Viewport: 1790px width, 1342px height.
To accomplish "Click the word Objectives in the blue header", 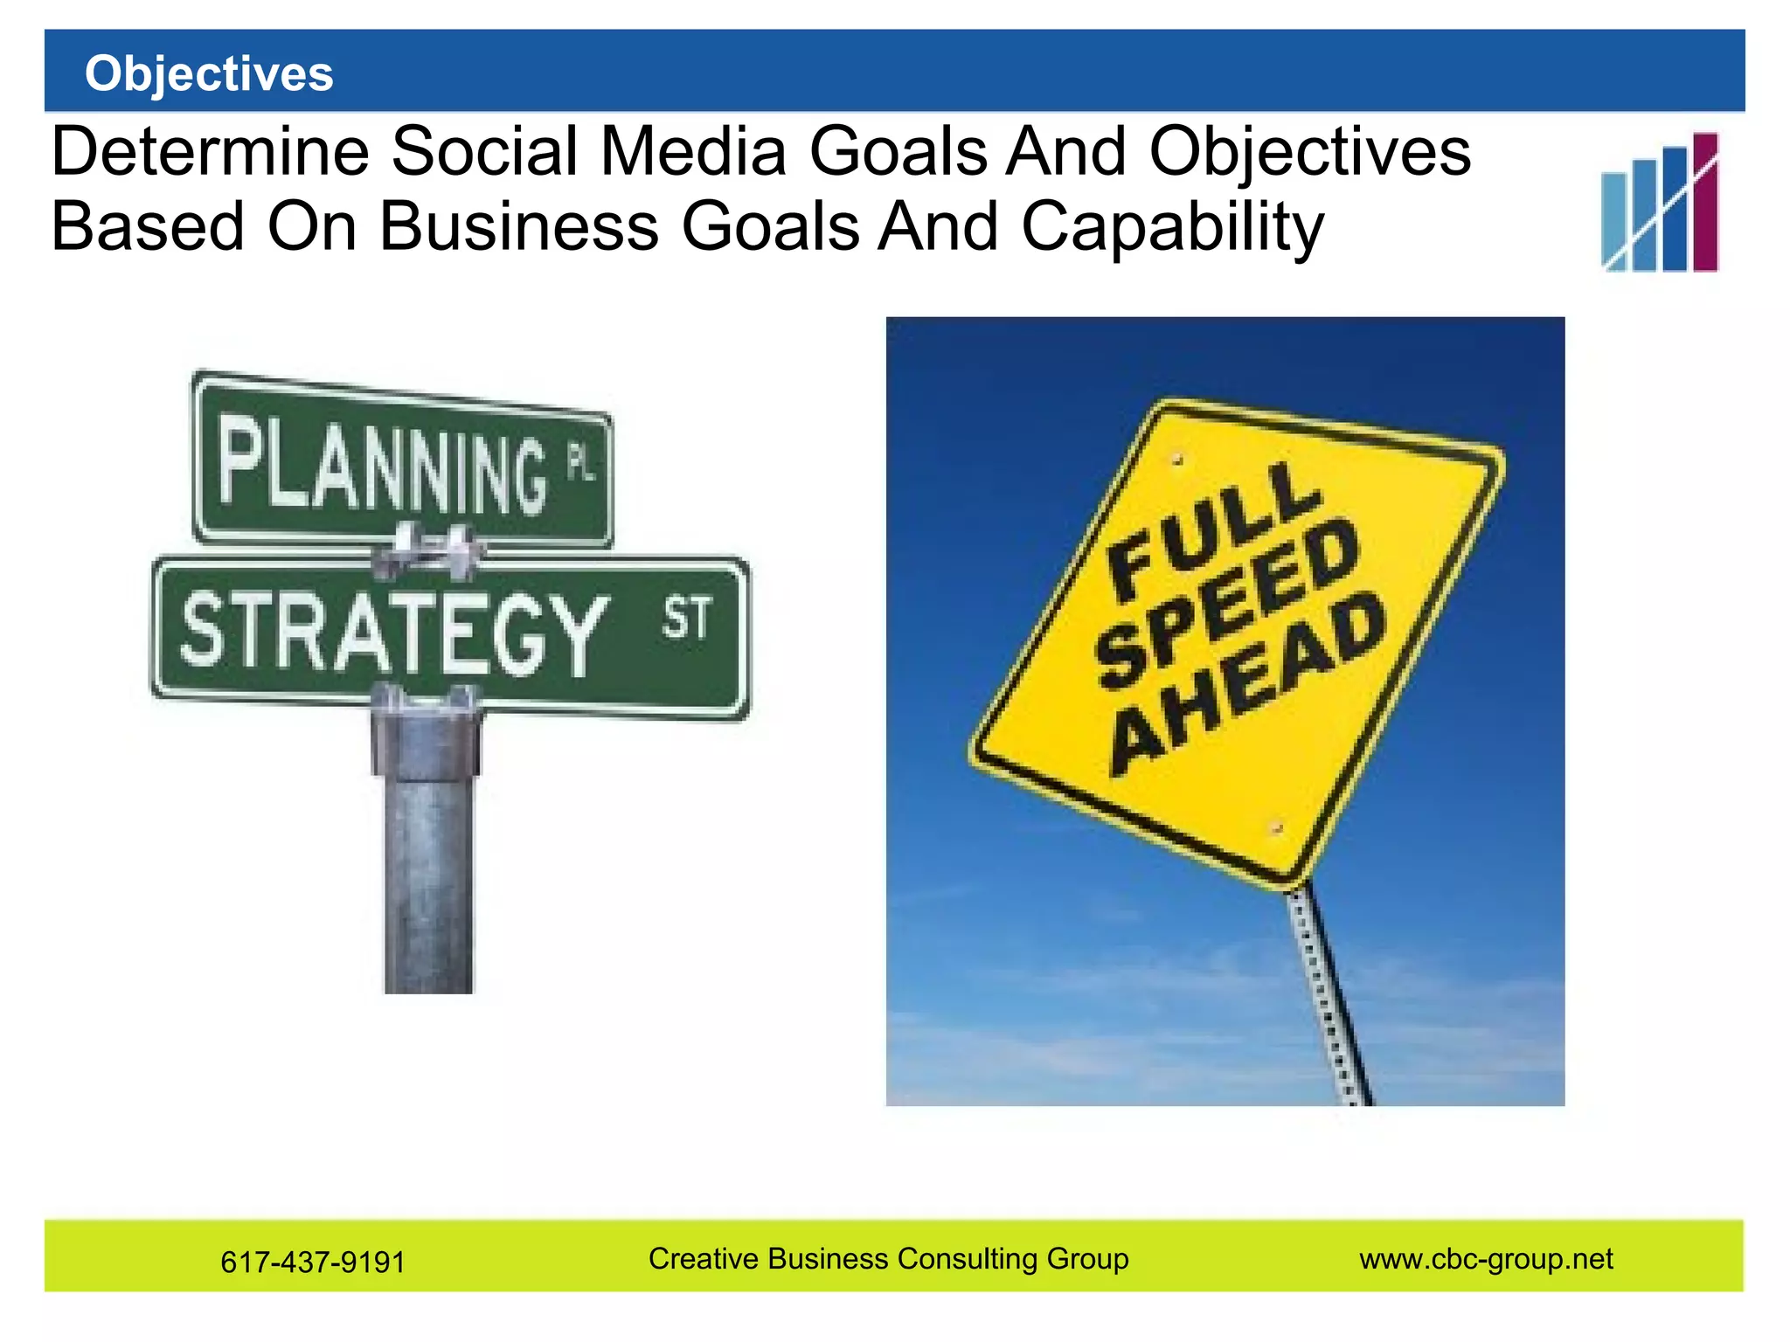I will pos(209,73).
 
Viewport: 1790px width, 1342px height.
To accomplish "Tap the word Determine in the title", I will pos(211,152).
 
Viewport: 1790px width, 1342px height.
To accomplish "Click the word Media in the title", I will pos(693,152).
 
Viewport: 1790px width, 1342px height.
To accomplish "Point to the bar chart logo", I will pos(1659,204).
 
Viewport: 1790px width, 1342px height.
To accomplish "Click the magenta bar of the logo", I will pos(1705,202).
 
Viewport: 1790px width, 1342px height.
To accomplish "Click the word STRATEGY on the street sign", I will pos(393,631).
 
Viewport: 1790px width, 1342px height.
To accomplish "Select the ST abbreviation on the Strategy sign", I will pos(686,619).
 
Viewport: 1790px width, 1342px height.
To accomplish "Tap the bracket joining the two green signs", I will pos(427,550).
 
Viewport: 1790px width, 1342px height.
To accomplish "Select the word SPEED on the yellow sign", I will pos(1228,603).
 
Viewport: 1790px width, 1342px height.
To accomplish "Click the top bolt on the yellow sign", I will pos(1177,458).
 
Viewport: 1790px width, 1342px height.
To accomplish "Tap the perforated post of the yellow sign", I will pos(1329,996).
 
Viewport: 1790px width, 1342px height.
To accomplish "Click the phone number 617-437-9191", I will pos(313,1262).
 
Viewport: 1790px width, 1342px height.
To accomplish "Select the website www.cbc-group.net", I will pos(1486,1259).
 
